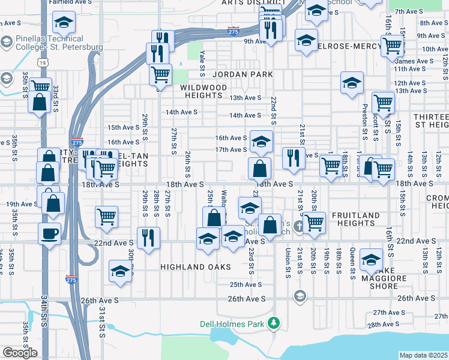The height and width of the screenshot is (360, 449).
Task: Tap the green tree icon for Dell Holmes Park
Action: click(274, 323)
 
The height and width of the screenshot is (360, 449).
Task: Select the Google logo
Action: click(20, 353)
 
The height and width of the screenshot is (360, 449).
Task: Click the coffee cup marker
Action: click(49, 233)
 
